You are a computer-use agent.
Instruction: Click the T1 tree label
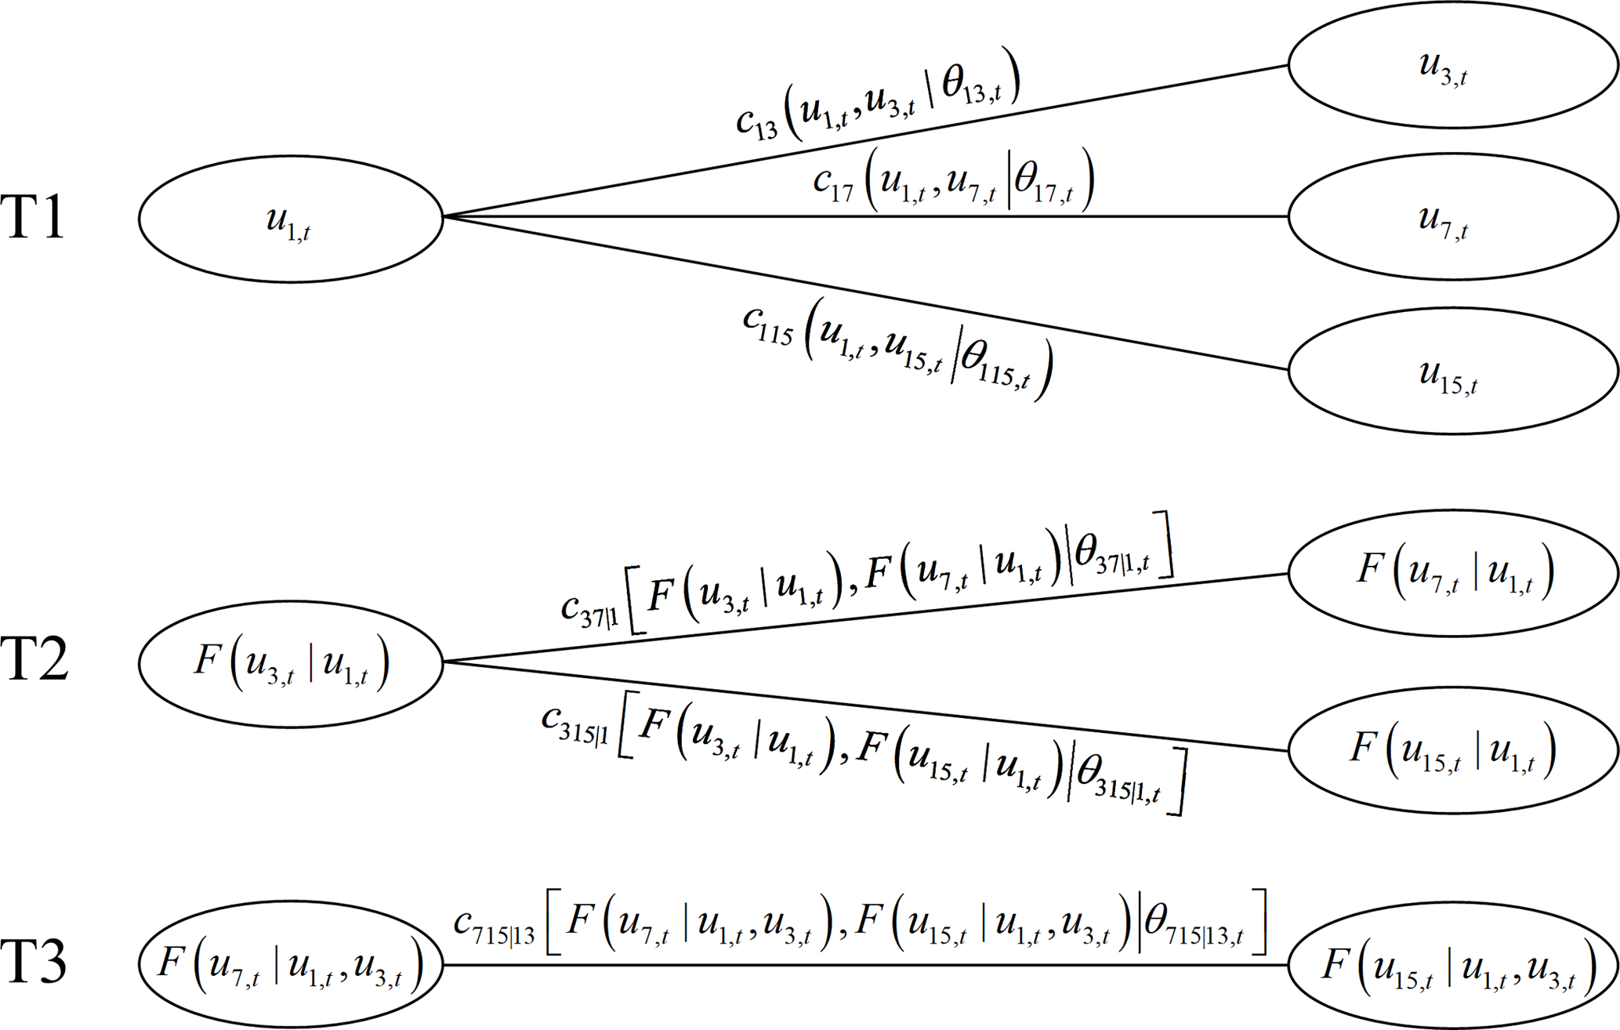(x=33, y=217)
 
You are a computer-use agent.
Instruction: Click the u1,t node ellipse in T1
(x=291, y=219)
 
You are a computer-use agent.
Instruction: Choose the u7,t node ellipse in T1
(x=1452, y=216)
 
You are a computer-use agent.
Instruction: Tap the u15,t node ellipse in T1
(x=1452, y=371)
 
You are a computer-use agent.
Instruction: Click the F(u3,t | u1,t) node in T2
(x=291, y=664)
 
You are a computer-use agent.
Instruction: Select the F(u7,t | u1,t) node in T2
(x=1452, y=573)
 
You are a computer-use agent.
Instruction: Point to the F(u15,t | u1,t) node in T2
(x=1452, y=750)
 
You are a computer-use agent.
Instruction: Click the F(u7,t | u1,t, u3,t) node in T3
(x=291, y=963)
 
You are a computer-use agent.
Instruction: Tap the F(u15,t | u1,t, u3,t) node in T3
(x=1452, y=965)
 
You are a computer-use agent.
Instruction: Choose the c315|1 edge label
(x=862, y=753)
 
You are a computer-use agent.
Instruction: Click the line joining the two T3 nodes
(x=862, y=965)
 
